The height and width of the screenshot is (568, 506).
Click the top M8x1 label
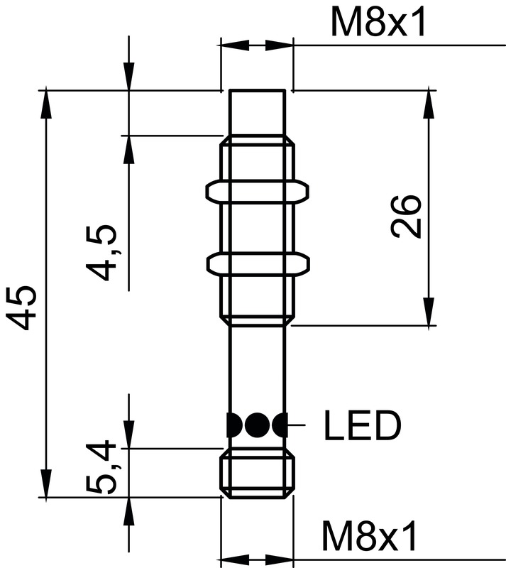pyautogui.click(x=378, y=24)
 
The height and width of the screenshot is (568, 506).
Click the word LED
pyautogui.click(x=363, y=426)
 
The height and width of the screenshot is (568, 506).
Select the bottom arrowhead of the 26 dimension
pyautogui.click(x=429, y=312)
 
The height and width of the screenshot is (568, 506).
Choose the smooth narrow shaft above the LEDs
pyautogui.click(x=259, y=366)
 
